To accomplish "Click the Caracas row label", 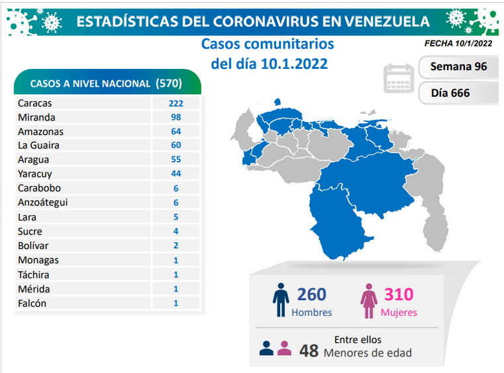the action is [x=34, y=103].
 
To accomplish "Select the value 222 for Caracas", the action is [x=176, y=103].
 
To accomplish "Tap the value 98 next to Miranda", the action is [x=176, y=117].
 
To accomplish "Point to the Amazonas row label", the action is [x=40, y=132].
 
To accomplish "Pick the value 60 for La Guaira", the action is [x=176, y=145].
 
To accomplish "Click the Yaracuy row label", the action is [x=34, y=174].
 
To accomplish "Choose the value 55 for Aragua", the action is [x=176, y=159].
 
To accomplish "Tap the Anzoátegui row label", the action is [x=43, y=203].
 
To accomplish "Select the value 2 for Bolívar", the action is [x=176, y=245].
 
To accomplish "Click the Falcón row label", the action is [x=32, y=303].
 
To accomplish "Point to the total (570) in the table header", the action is [x=169, y=83].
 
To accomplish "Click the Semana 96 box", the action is [x=459, y=67].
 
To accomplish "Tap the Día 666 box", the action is [x=459, y=93].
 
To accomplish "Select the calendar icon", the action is [x=399, y=78].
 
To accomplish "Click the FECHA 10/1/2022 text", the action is [x=458, y=44].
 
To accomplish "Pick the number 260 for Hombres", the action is [x=311, y=294].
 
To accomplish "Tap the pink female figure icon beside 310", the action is [x=369, y=301].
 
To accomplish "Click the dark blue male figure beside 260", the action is [x=281, y=300].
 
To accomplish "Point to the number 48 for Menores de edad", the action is [x=309, y=351].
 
